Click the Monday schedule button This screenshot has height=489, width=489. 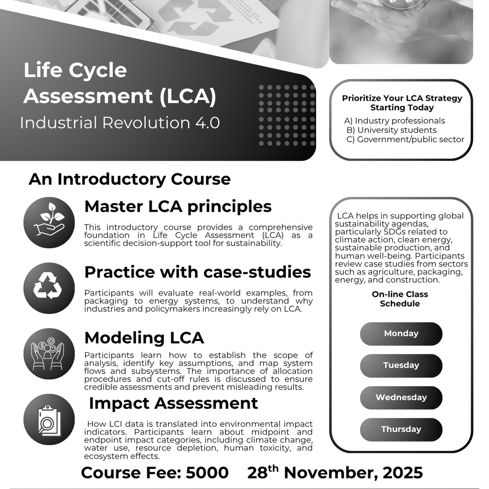[x=401, y=334]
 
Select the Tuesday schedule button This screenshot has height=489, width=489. [x=401, y=366]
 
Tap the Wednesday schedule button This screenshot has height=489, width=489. [x=401, y=397]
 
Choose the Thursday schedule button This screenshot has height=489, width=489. [x=401, y=429]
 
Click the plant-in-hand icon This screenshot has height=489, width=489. [x=49, y=223]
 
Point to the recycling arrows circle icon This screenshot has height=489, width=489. [x=49, y=288]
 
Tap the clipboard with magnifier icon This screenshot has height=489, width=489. [x=49, y=419]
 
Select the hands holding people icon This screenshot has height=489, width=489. [x=49, y=354]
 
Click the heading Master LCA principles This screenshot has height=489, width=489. [x=178, y=207]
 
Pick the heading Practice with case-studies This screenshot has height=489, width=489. [x=197, y=272]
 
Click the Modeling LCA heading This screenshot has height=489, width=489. [x=144, y=338]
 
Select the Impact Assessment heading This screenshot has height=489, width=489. [x=173, y=403]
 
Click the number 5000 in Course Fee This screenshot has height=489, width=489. [x=207, y=473]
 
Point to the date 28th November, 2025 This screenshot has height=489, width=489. [x=335, y=472]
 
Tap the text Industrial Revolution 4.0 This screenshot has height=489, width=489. [x=120, y=123]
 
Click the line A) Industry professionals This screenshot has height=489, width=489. [x=394, y=121]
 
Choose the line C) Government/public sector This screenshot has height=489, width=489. [x=405, y=139]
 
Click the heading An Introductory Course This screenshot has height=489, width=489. [x=129, y=180]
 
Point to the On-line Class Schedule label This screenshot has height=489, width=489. [x=400, y=299]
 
